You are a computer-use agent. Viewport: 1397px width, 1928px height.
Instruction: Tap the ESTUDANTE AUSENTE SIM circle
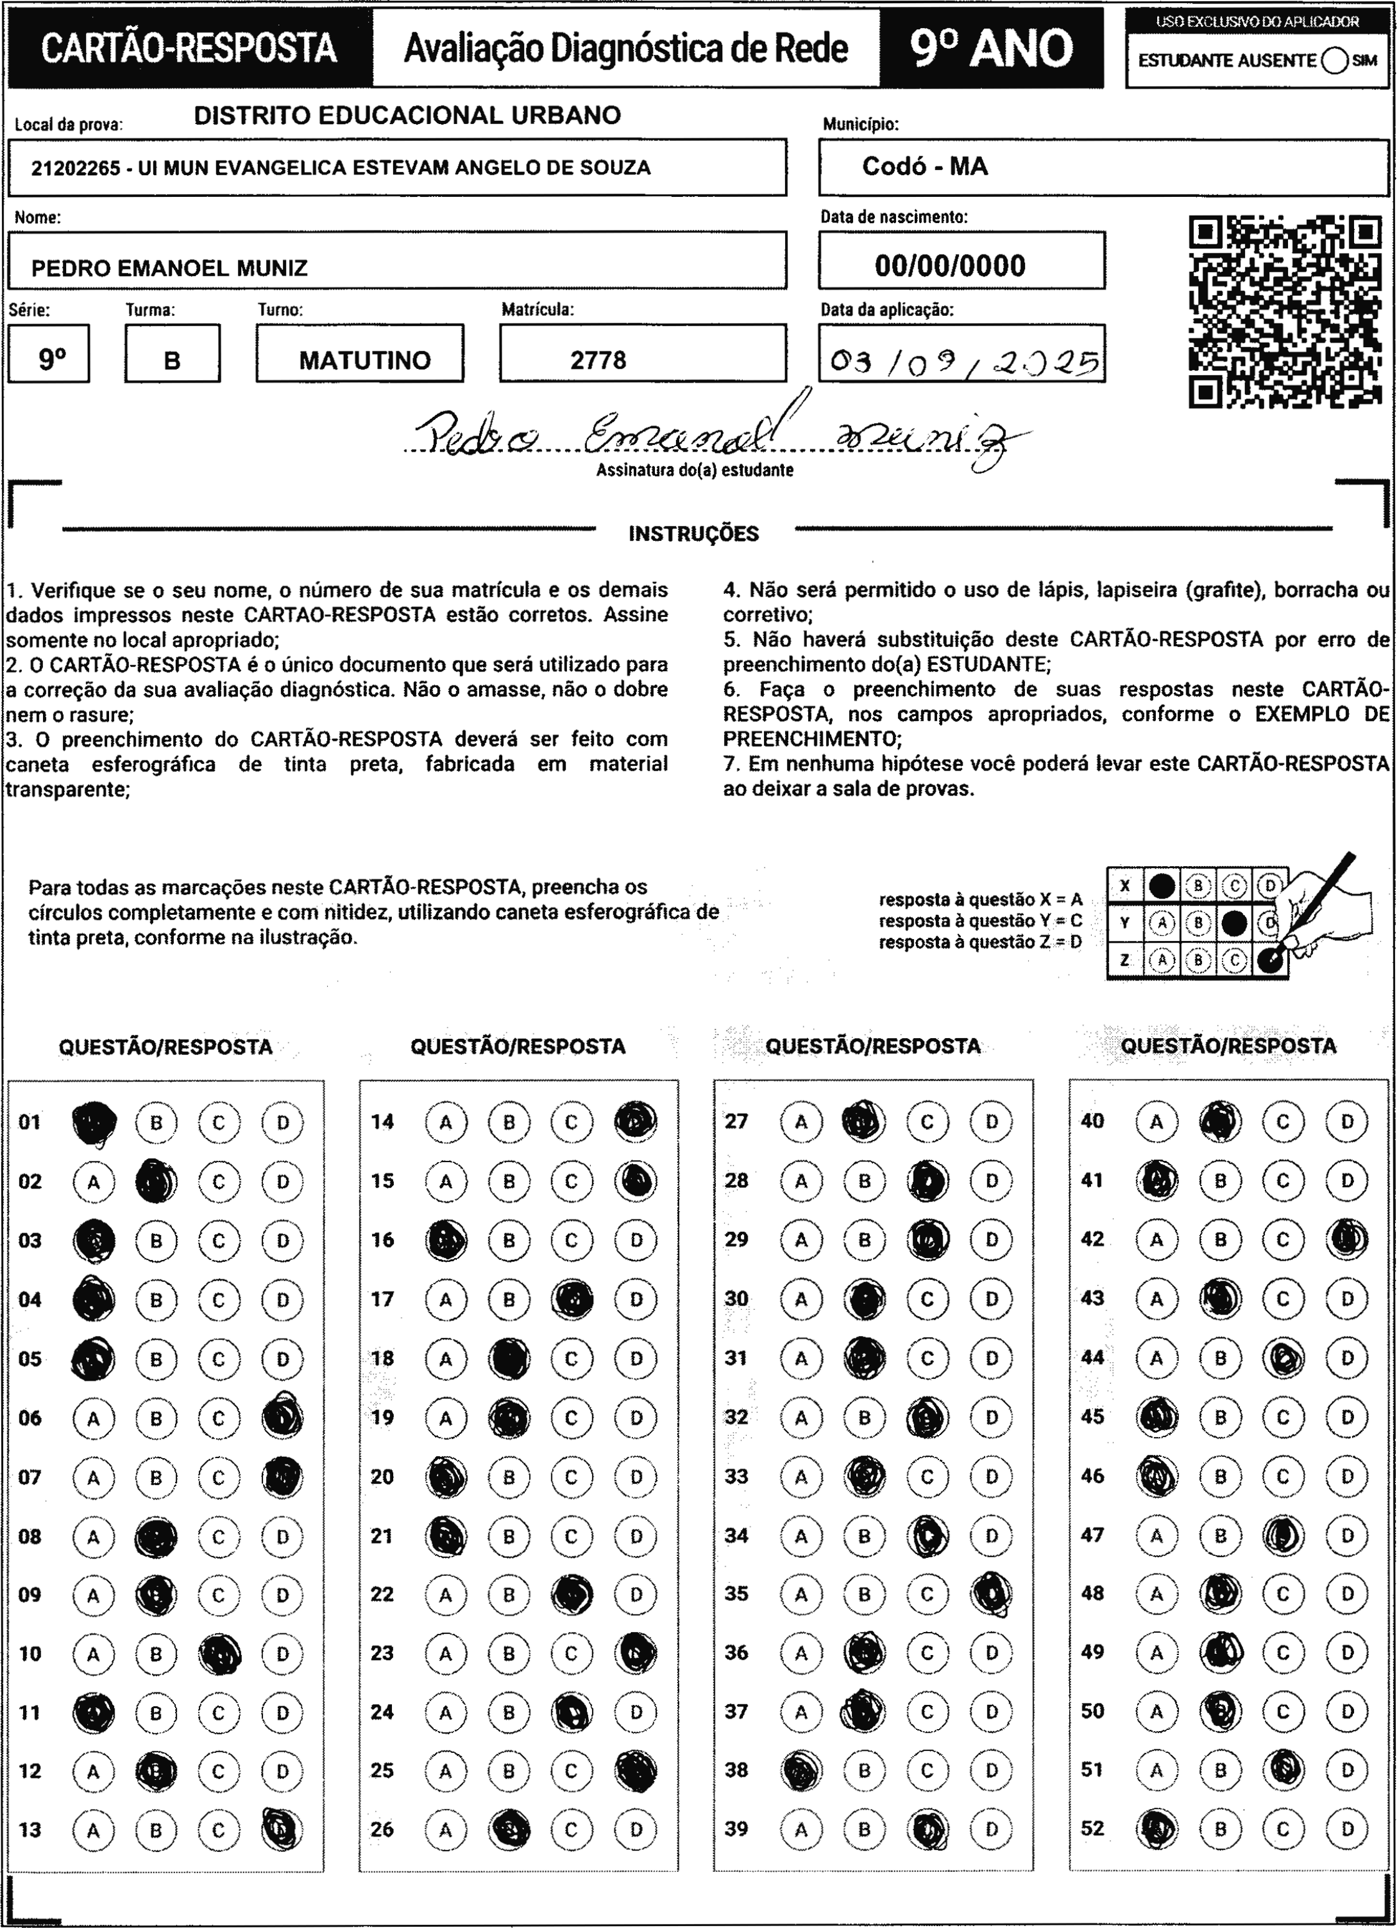1334,60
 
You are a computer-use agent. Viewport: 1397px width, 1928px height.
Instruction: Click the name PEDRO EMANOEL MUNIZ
169,269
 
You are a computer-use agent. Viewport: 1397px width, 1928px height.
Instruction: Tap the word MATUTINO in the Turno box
365,360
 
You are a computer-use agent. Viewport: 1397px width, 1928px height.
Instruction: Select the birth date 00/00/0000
950,266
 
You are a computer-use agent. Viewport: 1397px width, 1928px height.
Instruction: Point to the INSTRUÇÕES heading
693,534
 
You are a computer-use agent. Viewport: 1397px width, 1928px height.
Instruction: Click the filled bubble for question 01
94,1122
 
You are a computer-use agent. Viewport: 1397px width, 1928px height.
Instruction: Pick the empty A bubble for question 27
801,1122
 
